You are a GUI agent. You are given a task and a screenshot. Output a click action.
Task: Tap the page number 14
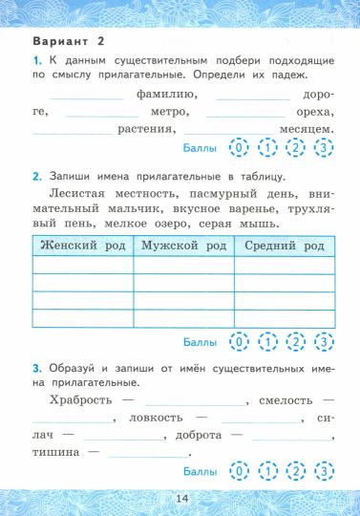click(x=181, y=498)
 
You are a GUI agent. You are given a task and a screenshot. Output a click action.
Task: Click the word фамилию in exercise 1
click(x=166, y=95)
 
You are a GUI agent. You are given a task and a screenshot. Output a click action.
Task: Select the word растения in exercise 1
click(x=144, y=129)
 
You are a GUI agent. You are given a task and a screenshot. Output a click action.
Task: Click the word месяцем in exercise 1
click(x=305, y=129)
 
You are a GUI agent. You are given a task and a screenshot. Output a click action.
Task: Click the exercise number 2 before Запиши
click(x=35, y=175)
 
